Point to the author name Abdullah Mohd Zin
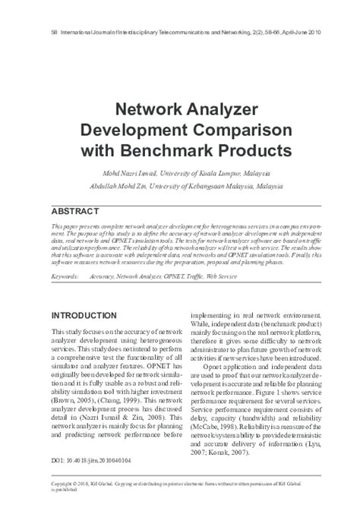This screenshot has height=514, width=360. pyautogui.click(x=124, y=184)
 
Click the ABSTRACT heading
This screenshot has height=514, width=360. pyautogui.click(x=75, y=210)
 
